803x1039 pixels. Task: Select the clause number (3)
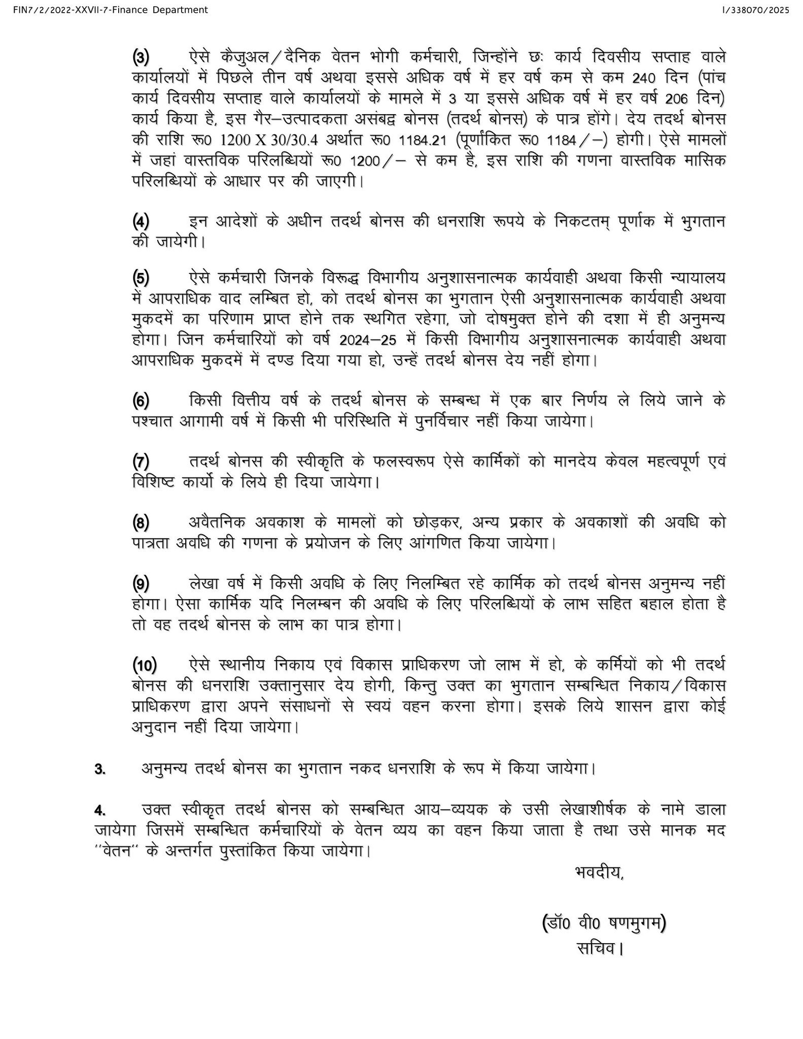[141, 57]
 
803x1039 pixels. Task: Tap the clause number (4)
[141, 222]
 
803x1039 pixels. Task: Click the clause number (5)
[141, 278]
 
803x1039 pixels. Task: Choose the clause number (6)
[141, 401]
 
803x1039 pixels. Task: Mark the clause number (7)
[141, 462]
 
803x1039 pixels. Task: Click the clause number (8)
[141, 523]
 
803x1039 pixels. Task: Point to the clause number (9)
[141, 584]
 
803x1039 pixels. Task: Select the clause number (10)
[145, 665]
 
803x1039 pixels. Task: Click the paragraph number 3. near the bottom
[100, 769]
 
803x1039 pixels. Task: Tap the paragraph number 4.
[100, 810]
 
